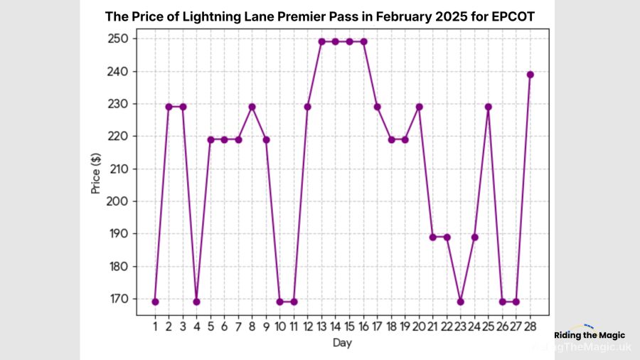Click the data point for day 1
(x=155, y=302)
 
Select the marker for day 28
(x=530, y=75)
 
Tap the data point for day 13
(x=321, y=42)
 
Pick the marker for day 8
(x=252, y=107)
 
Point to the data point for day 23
(x=460, y=302)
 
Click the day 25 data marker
(x=488, y=107)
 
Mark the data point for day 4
(x=197, y=302)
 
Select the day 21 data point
(x=432, y=237)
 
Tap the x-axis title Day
(x=341, y=343)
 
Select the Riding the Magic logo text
(x=590, y=334)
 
